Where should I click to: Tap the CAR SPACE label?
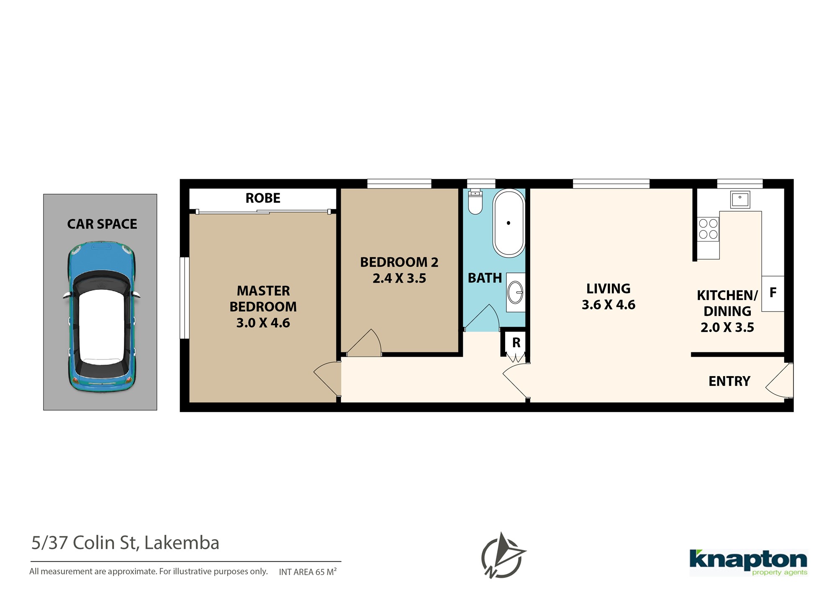pos(102,224)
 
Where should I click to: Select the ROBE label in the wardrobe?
pos(263,198)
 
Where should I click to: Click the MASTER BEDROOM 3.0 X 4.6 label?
pos(263,307)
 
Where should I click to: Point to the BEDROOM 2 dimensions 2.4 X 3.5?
pos(399,278)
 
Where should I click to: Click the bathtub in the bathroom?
pos(508,223)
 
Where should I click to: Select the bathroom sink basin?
pos(516,292)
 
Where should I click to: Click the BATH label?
pos(485,278)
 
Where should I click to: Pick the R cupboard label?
pos(516,343)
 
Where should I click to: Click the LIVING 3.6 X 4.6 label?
pos(608,296)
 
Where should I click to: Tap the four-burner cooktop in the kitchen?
pos(708,229)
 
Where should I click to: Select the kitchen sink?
pos(740,199)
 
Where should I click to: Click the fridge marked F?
pos(773,293)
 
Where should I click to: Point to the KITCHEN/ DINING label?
pos(727,303)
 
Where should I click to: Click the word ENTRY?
pos(729,381)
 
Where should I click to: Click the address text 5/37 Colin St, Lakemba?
pos(125,543)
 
